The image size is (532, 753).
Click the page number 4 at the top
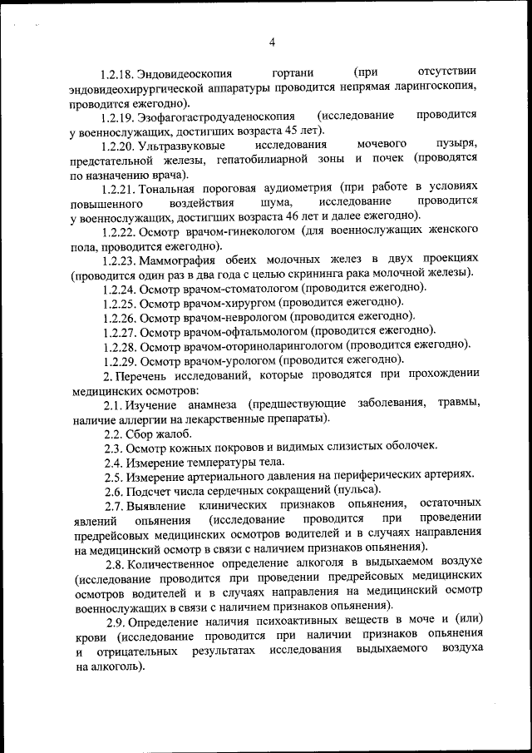click(x=272, y=43)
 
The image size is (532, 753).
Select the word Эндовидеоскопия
click(x=185, y=74)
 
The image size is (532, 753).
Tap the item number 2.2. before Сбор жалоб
click(x=114, y=433)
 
